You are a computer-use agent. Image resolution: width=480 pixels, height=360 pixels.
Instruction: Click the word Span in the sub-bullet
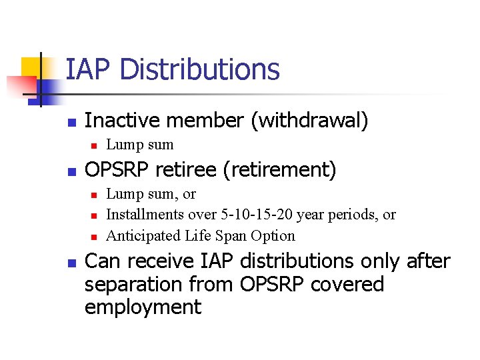[x=227, y=235]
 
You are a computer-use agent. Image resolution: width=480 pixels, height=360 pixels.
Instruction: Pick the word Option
[x=273, y=235]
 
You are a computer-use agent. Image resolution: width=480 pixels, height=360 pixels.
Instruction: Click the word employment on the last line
[x=143, y=307]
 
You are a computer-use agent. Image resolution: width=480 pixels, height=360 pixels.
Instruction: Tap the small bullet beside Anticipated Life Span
[x=94, y=237]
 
